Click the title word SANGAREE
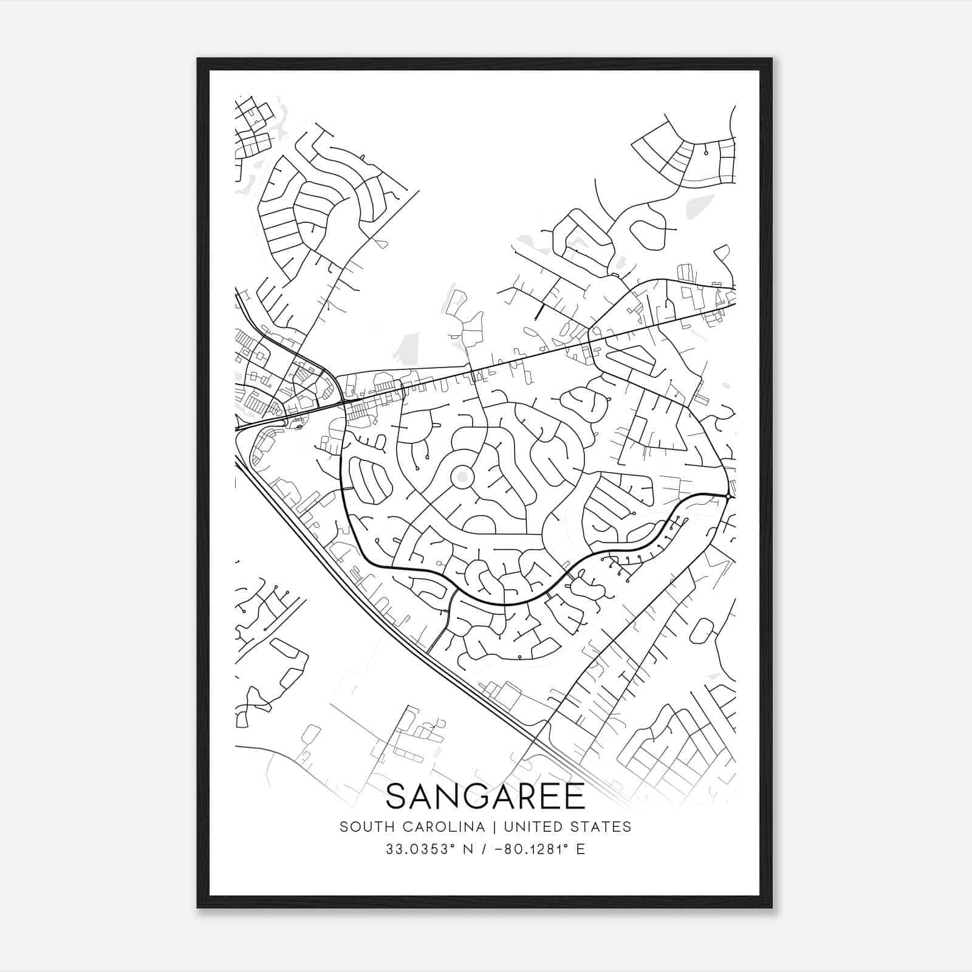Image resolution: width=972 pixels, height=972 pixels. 485,796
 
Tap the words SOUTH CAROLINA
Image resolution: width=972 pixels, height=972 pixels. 412,827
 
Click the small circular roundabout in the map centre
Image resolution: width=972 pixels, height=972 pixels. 462,477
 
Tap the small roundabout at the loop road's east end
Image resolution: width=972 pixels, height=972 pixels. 727,496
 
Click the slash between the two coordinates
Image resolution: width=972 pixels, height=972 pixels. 483,849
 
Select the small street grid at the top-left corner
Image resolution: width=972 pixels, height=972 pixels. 252,131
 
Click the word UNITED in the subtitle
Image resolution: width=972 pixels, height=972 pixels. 533,827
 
